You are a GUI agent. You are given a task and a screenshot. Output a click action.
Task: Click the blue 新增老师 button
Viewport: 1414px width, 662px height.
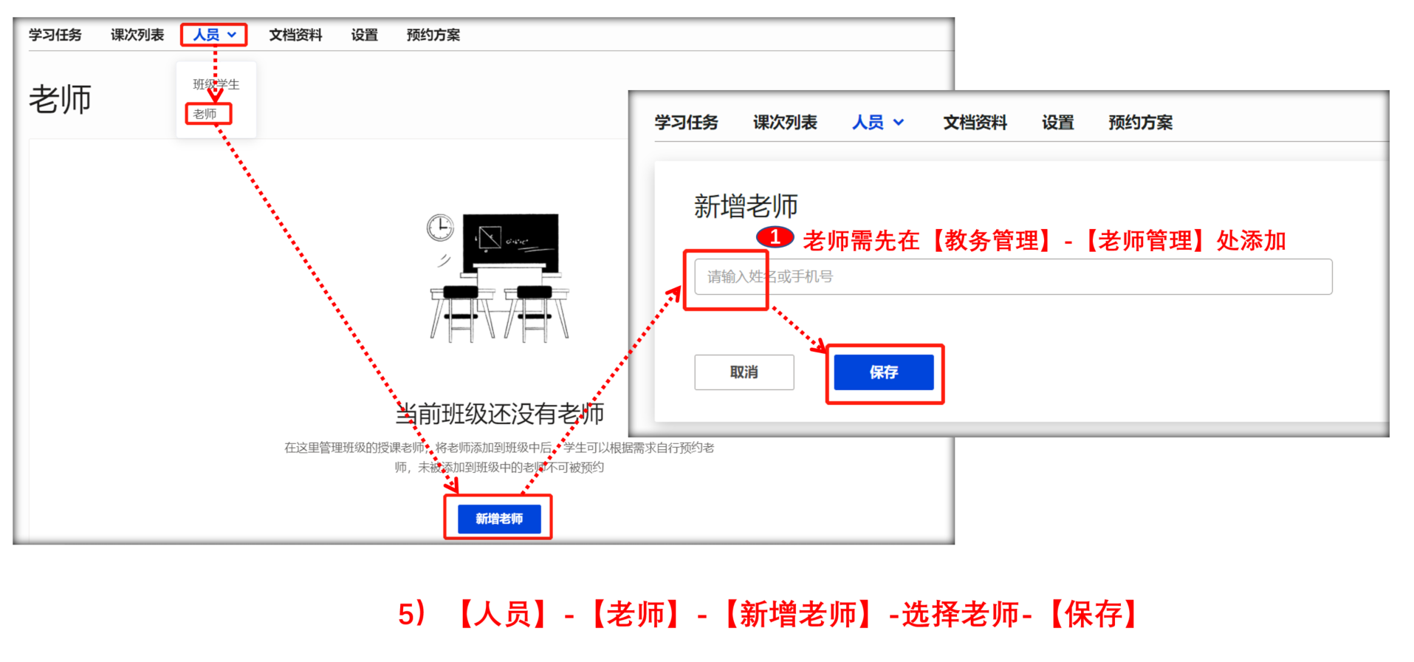pos(499,519)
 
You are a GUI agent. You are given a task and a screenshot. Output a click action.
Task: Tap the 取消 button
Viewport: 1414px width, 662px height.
pos(744,372)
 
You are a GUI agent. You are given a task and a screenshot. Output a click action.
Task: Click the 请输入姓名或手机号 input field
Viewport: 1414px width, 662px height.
pos(1013,276)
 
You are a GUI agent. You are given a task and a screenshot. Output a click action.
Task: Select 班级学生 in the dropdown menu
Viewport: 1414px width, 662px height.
pos(216,84)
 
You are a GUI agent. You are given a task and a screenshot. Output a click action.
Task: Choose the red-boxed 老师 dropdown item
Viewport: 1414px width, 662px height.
pos(205,114)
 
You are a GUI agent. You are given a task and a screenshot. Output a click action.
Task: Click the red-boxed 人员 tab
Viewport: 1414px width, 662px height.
pos(214,35)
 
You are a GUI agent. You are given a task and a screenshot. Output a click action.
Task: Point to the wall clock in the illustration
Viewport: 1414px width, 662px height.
pos(440,228)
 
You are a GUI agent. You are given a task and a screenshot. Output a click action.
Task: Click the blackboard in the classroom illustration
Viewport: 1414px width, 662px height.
pos(510,242)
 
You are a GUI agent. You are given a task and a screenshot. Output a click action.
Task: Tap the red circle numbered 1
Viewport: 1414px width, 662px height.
pos(775,237)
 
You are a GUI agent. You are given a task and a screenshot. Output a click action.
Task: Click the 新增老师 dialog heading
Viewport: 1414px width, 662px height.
pos(746,206)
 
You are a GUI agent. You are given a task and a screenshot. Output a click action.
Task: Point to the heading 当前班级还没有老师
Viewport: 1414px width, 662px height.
pos(500,414)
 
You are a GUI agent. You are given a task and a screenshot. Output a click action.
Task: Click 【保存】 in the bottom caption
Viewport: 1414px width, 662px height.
pos(1094,614)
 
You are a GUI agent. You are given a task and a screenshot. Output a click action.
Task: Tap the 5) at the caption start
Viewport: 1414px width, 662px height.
pos(412,614)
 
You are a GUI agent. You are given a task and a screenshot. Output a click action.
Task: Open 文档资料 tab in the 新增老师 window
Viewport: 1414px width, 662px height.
pos(975,123)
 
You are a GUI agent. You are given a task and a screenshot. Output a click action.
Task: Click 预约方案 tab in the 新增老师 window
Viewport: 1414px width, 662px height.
pos(1140,123)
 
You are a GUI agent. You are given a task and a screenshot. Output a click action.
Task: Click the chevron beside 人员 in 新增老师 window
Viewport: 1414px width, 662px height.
pos(899,123)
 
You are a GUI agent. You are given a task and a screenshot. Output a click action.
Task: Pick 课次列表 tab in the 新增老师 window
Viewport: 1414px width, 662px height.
pos(785,123)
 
